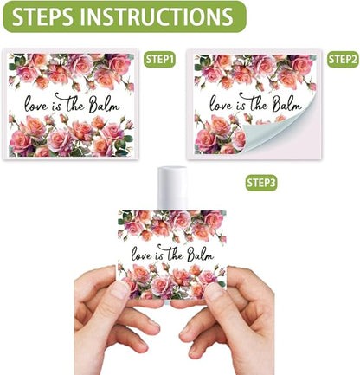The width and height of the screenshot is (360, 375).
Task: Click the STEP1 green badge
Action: point(160,60)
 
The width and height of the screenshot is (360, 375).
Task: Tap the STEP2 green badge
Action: point(343,60)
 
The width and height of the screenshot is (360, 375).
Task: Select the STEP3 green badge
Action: point(261,183)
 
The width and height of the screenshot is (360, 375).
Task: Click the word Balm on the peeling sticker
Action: point(288,105)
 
